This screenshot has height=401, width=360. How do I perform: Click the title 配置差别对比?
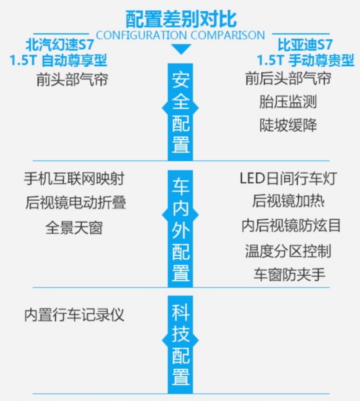[181, 19]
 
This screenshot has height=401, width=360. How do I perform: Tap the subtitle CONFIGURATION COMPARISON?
[181, 35]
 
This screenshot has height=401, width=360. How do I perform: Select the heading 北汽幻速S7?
[60, 45]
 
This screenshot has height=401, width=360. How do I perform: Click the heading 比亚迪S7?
[305, 45]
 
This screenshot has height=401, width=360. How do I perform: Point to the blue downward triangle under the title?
[181, 49]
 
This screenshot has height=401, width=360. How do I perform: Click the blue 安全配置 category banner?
[181, 112]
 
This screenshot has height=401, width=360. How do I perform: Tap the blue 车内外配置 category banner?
[181, 229]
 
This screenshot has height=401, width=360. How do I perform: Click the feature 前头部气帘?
[72, 79]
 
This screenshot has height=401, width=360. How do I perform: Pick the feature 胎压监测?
[288, 102]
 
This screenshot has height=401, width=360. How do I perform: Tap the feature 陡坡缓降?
[288, 125]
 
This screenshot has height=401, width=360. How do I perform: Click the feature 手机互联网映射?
[74, 178]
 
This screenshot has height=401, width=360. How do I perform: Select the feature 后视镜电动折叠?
[76, 202]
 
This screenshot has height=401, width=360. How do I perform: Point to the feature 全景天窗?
[74, 227]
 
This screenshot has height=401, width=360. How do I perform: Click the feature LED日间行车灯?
[289, 178]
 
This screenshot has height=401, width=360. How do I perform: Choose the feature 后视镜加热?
[289, 201]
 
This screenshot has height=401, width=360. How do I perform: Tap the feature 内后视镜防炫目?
[291, 225]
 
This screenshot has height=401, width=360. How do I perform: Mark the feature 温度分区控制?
[288, 251]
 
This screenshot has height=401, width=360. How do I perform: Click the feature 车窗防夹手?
[289, 275]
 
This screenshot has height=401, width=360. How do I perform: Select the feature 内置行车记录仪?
[74, 315]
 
